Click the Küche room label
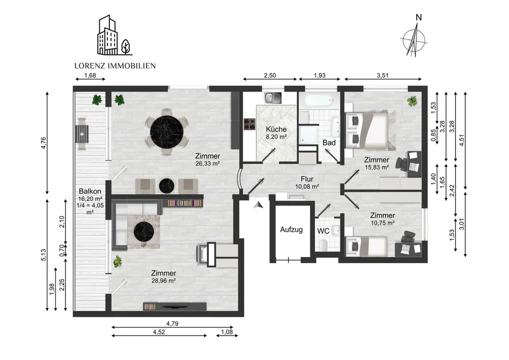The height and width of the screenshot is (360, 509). [x=276, y=129]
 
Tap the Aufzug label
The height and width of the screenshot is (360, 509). [x=291, y=230]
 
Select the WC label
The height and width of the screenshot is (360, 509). [x=323, y=231]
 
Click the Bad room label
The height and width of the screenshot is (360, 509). [x=329, y=143]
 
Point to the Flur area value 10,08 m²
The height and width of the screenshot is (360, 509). [x=307, y=187]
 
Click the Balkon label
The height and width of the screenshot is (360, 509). [x=90, y=191]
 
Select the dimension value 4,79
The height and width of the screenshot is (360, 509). [x=172, y=324]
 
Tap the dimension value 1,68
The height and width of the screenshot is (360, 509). [x=90, y=75]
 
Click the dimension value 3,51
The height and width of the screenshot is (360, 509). [x=382, y=75]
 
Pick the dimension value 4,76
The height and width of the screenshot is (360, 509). [x=43, y=143]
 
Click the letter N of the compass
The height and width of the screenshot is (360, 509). [x=419, y=17]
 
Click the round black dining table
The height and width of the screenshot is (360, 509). [x=167, y=132]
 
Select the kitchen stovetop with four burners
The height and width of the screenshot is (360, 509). [x=249, y=124]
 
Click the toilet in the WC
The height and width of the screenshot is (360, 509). [x=323, y=245]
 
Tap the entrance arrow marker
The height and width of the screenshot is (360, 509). [x=259, y=205]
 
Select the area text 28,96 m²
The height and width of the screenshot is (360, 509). [x=163, y=281]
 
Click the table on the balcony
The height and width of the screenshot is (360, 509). [x=82, y=134]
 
